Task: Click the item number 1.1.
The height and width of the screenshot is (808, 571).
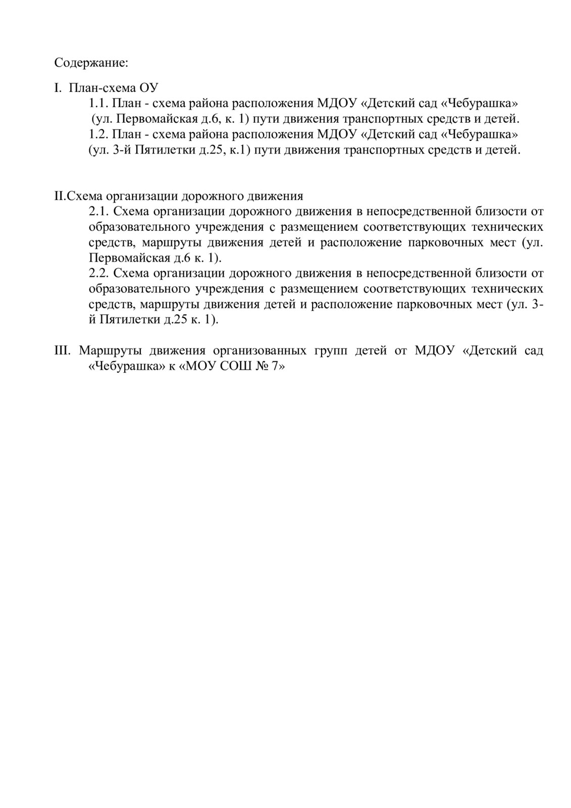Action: tap(98, 104)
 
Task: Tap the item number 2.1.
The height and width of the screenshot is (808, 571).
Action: tap(98, 211)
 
